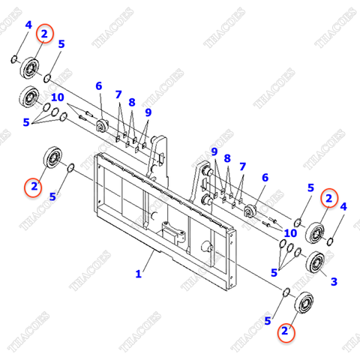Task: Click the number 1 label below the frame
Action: (x=138, y=274)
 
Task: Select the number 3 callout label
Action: (x=334, y=281)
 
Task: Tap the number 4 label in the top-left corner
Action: (x=28, y=25)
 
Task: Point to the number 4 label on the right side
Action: (x=343, y=206)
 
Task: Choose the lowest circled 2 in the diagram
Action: (x=284, y=330)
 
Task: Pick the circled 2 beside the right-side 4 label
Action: (x=328, y=198)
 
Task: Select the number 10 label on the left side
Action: (x=57, y=97)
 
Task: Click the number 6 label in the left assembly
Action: (x=98, y=86)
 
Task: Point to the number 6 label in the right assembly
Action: (x=264, y=177)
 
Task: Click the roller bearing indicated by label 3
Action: (x=316, y=262)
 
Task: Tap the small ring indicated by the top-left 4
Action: (x=15, y=58)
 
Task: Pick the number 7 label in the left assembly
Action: (x=118, y=94)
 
